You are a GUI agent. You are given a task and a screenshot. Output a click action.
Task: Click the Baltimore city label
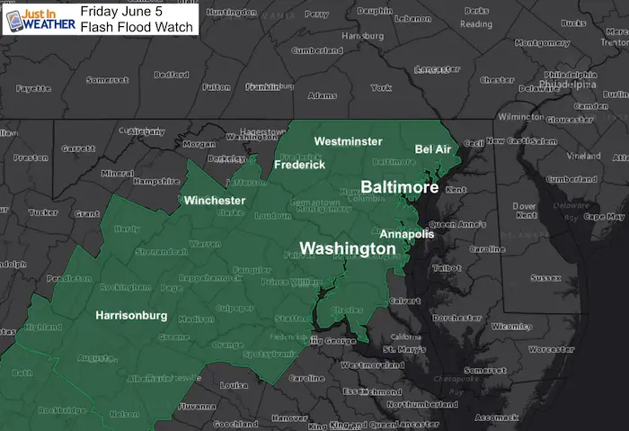(399, 188)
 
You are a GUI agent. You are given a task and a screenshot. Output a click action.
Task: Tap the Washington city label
(347, 248)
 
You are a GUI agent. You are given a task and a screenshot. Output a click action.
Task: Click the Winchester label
(215, 200)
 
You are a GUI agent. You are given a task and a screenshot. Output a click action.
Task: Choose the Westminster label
(348, 141)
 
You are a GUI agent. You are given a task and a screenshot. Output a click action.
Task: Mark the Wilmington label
(522, 117)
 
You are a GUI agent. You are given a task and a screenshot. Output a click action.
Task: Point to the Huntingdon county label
(232, 13)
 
